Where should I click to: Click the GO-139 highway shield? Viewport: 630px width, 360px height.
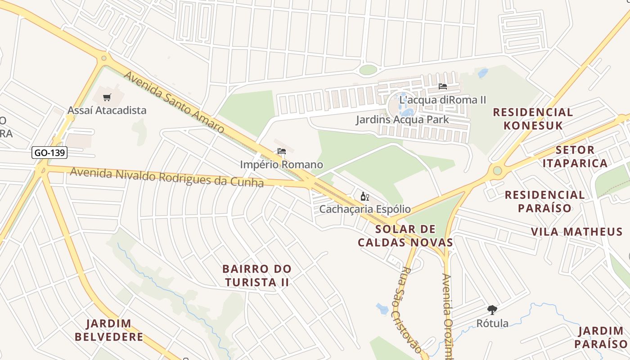click(49, 153)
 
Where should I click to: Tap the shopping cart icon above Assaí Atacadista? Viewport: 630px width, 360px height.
click(107, 97)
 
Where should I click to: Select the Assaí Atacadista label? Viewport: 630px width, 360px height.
click(107, 110)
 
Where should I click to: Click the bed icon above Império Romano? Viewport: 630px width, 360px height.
click(282, 152)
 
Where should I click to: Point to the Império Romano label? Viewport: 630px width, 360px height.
click(281, 165)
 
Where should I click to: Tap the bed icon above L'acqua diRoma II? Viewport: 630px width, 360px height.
click(443, 86)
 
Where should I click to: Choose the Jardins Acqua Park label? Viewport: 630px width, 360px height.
click(402, 119)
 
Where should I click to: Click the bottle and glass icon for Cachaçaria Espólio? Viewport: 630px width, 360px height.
click(365, 196)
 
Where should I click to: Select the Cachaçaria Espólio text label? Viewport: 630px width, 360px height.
click(365, 209)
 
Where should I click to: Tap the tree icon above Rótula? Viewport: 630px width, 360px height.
click(492, 310)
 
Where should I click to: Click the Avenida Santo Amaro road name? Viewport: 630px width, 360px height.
click(174, 102)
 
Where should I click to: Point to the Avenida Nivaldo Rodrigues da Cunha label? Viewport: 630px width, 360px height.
click(166, 177)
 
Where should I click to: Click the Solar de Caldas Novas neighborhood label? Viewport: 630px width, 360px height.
click(405, 236)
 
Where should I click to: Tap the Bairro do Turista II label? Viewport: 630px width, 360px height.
click(257, 275)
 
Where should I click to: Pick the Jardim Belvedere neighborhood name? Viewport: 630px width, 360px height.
click(109, 330)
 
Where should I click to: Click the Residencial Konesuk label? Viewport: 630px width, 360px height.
click(533, 119)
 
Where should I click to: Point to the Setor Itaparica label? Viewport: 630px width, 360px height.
click(575, 156)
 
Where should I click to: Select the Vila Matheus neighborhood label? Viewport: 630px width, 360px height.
click(576, 232)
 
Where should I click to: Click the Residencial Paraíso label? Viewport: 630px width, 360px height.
click(544, 201)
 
